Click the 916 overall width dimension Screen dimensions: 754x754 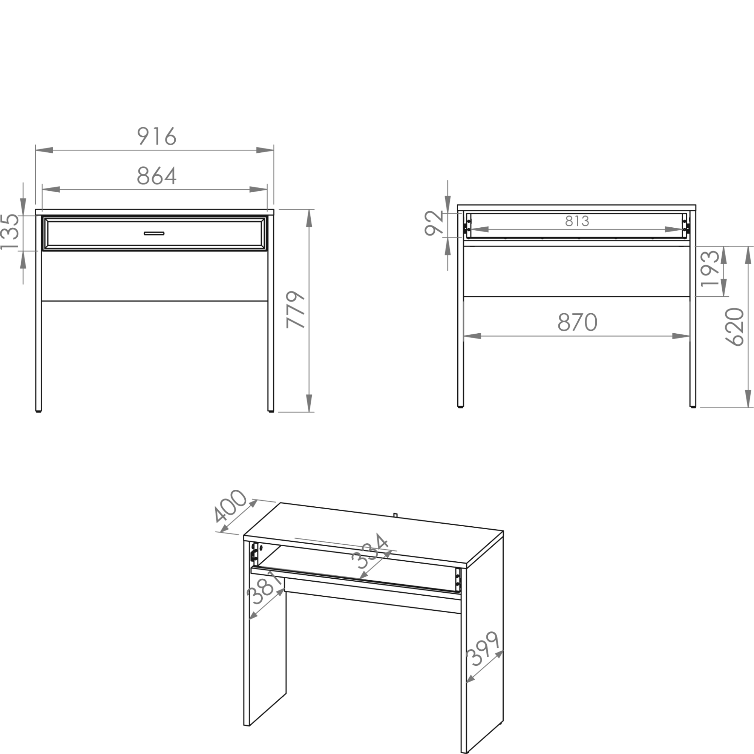(x=157, y=136)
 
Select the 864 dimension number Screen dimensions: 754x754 (x=157, y=176)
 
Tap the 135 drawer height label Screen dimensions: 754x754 (x=10, y=232)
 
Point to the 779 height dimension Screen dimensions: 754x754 (x=295, y=310)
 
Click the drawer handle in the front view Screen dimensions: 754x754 (x=154, y=233)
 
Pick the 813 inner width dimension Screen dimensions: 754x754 (x=577, y=221)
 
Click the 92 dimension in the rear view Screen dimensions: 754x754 (x=434, y=223)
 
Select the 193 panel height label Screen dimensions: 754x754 (x=710, y=268)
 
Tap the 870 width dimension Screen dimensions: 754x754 (x=577, y=322)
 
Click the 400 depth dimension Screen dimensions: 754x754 (x=231, y=506)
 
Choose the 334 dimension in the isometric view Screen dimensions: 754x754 (x=370, y=551)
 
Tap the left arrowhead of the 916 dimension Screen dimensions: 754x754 (x=44, y=150)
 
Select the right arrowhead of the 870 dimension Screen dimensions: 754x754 (x=681, y=336)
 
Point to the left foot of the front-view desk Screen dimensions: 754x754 (x=38, y=411)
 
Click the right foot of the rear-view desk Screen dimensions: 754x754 (x=693, y=407)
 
